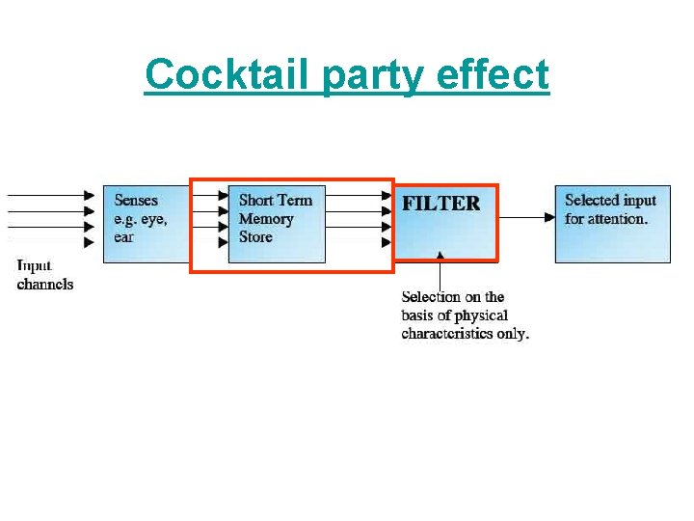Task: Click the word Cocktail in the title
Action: point(227,74)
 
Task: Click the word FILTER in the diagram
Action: point(440,204)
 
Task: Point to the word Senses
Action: point(137,201)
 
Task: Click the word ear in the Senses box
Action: point(123,236)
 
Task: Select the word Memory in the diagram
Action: point(266,219)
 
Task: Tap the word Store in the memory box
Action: point(256,236)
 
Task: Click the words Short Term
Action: point(276,201)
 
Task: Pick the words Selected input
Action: point(610,201)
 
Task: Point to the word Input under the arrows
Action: point(35,265)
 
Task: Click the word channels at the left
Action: point(45,284)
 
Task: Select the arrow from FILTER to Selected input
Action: point(526,218)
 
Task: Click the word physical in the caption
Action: point(476,315)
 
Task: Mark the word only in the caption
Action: point(513,334)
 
